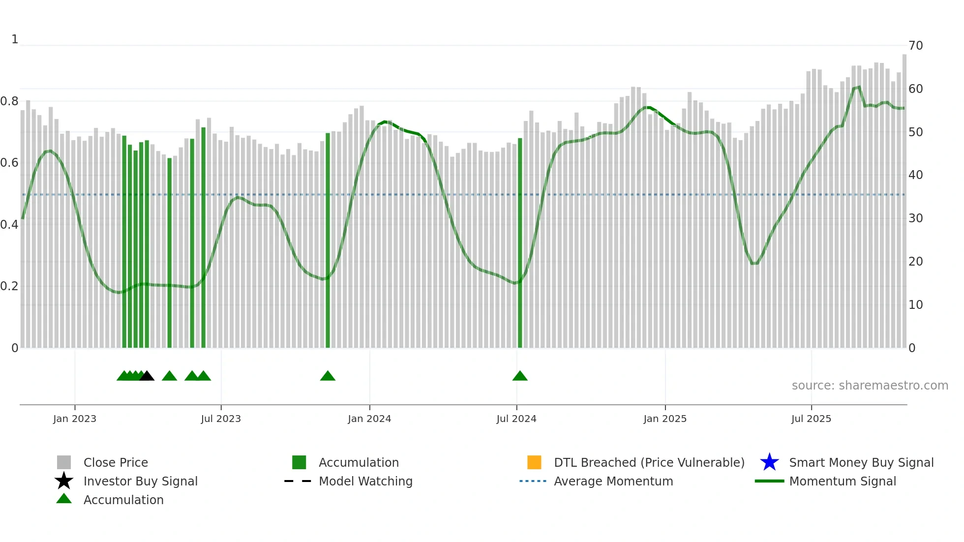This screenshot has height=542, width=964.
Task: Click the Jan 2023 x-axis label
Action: (75, 419)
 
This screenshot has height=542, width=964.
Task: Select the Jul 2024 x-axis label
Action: (516, 419)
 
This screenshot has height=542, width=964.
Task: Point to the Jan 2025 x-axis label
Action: (665, 419)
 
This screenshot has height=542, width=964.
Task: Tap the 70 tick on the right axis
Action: (915, 46)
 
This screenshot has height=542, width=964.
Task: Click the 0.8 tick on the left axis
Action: (10, 101)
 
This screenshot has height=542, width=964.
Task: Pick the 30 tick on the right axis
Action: (915, 218)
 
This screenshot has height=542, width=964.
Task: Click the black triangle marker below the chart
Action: (147, 376)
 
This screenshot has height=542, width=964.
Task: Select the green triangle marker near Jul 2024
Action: (520, 376)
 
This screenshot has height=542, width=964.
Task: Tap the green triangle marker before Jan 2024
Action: (328, 376)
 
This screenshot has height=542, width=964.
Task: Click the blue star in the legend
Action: (769, 462)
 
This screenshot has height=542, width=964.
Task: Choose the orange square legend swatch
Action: (534, 462)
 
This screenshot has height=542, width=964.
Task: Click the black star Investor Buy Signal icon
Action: (64, 481)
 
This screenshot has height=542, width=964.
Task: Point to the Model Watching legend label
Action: (365, 481)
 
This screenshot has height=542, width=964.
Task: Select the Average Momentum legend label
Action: (613, 481)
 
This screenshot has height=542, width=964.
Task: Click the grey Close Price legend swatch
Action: (64, 462)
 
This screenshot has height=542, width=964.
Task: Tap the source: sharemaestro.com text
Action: (870, 386)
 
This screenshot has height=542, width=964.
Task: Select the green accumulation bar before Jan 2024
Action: (328, 241)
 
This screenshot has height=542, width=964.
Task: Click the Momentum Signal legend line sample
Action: (769, 481)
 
